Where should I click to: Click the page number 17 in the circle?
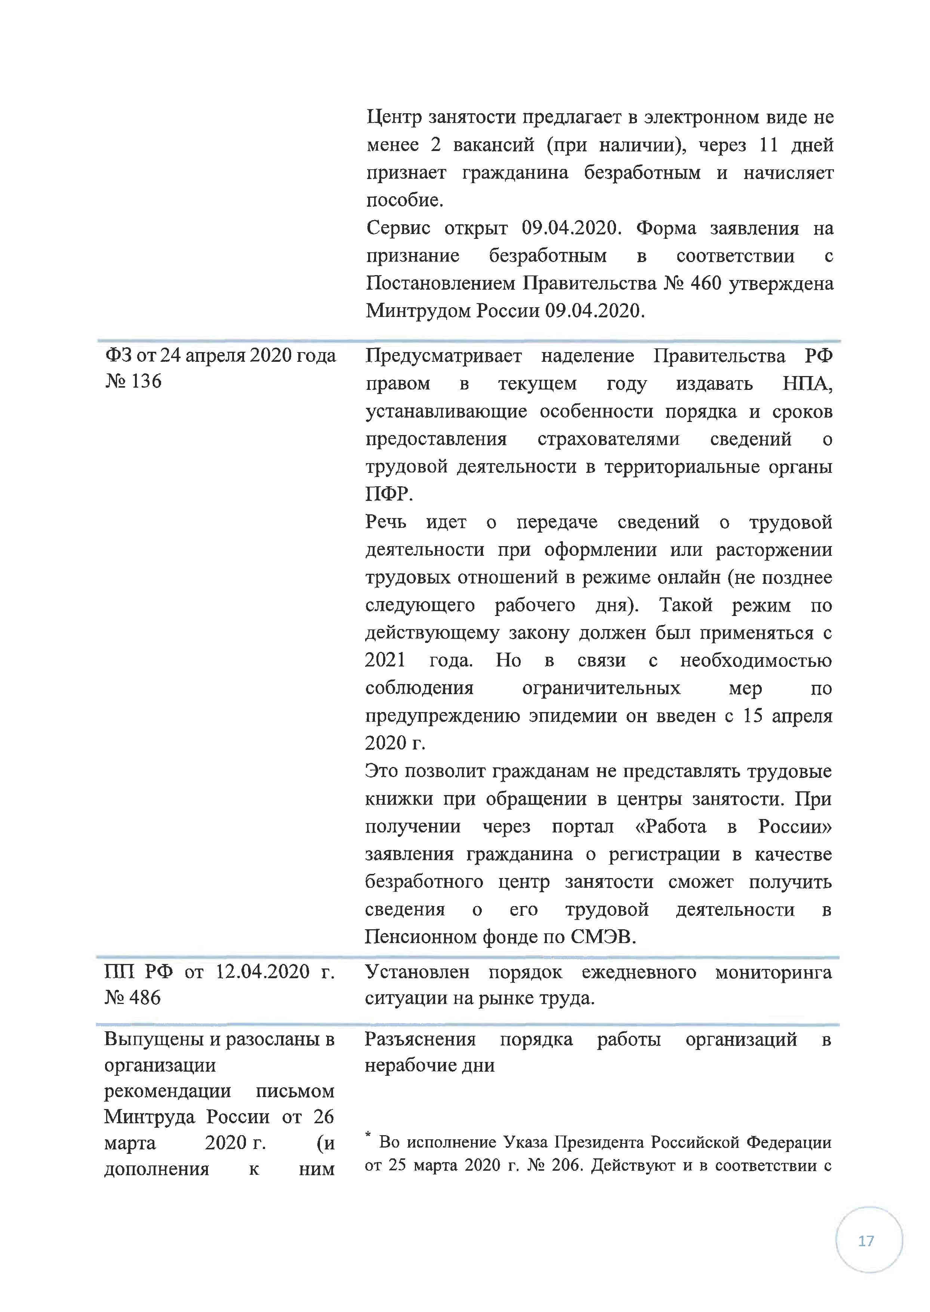click(x=866, y=1240)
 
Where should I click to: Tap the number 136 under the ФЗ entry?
click(x=146, y=381)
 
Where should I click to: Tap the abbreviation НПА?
click(x=806, y=384)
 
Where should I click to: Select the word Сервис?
click(x=398, y=228)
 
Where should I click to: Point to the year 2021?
click(x=385, y=660)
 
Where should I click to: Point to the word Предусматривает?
click(x=443, y=356)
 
